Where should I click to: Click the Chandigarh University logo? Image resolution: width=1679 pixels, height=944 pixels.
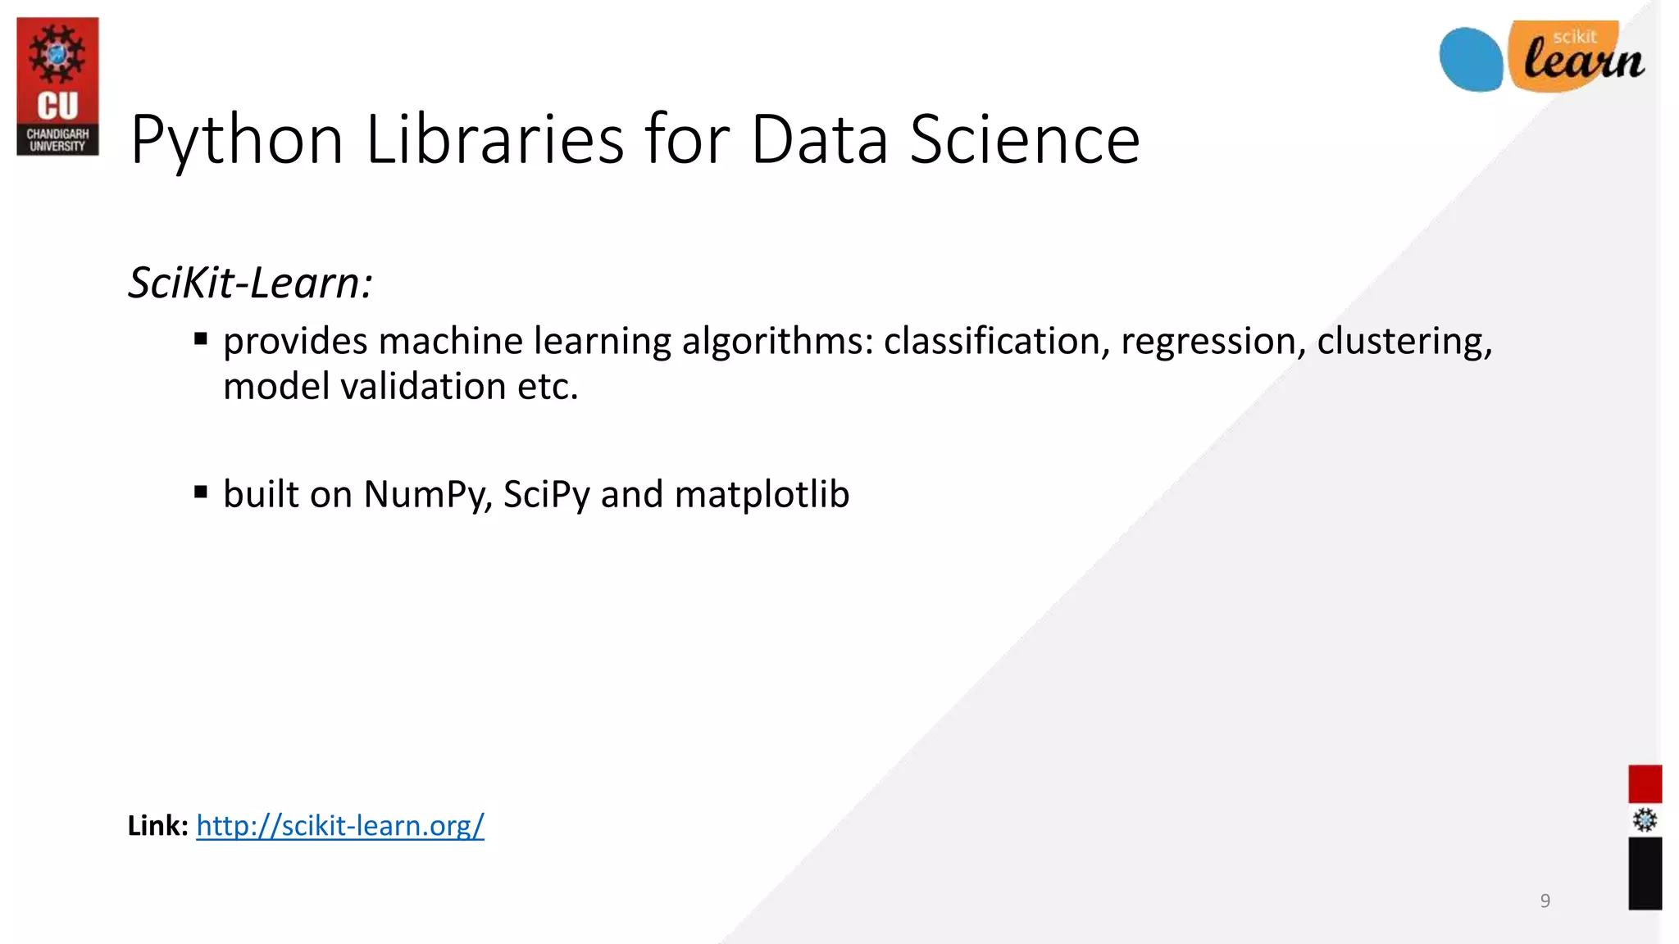57,86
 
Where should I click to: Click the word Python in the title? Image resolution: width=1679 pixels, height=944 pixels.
236,141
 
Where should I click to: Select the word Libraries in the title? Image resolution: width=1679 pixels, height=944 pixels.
495,139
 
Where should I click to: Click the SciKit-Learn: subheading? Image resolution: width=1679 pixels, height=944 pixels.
251,283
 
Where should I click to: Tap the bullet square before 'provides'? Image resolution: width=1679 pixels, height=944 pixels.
201,339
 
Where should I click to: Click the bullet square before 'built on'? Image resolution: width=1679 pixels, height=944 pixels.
201,492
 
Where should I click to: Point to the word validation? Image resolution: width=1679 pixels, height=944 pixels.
423,386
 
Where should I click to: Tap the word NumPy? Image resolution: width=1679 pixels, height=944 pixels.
427,495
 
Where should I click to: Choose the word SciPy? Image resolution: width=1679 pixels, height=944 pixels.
546,495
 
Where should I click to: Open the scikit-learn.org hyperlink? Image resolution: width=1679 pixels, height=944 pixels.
340,825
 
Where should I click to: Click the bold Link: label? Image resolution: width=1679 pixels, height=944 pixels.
158,825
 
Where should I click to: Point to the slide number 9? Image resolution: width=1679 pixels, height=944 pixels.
1545,901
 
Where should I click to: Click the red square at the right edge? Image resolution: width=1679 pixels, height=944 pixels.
1645,783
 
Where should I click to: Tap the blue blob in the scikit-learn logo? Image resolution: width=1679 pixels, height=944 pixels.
1471,59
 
